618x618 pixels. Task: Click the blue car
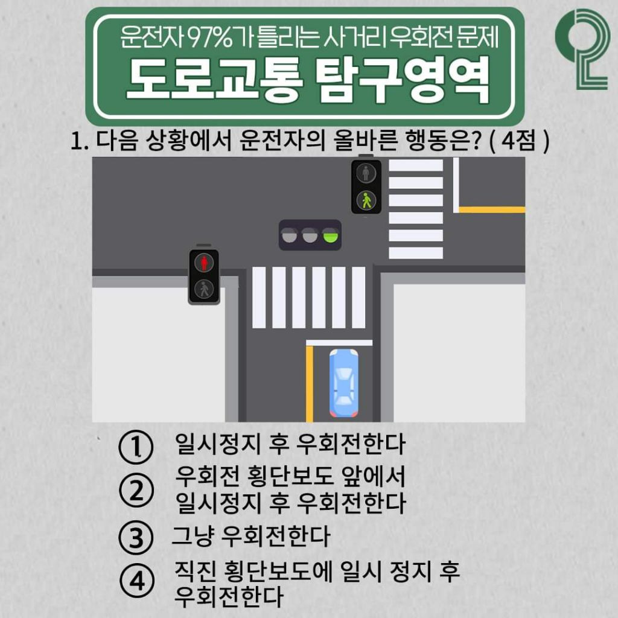tap(343, 384)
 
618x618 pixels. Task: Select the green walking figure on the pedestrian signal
tap(366, 200)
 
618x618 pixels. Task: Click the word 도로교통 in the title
tap(212, 81)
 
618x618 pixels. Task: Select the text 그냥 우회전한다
tap(250, 536)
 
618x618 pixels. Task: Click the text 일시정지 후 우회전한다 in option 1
tap(290, 445)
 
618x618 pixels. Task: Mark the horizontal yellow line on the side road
tap(491, 210)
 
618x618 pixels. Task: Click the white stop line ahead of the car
tap(339, 342)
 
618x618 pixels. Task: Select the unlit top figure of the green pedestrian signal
tap(366, 174)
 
